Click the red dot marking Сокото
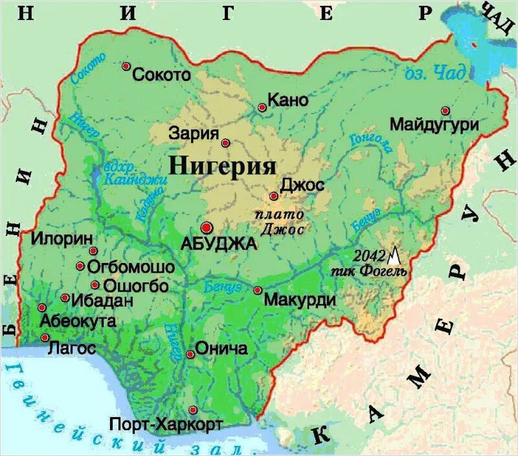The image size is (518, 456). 126,66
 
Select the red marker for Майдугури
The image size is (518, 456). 445,111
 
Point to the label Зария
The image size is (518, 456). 194,134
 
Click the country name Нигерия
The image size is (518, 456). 223,165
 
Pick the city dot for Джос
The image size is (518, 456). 273,196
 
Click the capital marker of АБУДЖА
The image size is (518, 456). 207,227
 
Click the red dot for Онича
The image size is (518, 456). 190,354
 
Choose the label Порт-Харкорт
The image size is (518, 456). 166,424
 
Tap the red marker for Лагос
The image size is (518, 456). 45,337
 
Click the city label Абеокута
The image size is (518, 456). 78,321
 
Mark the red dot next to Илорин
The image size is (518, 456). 93,251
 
